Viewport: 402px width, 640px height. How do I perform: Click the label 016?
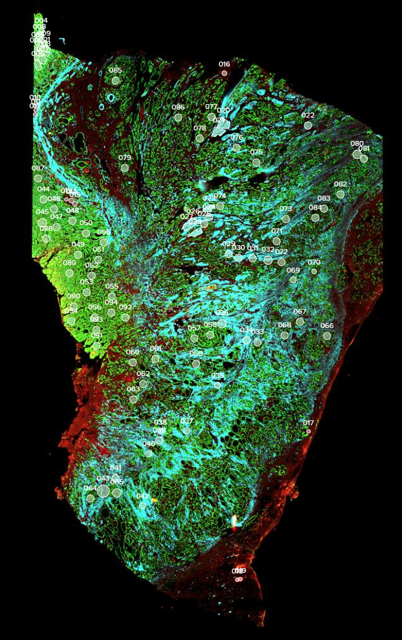[224, 64]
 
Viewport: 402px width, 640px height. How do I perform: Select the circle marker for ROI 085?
[116, 80]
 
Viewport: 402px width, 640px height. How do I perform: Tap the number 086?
[178, 108]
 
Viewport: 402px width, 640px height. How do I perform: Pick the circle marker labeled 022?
[308, 126]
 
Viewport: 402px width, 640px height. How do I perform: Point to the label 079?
[125, 158]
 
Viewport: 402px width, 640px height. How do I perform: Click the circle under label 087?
[38, 178]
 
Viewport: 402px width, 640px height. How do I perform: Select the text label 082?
[341, 185]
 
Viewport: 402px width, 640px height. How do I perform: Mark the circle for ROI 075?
[256, 162]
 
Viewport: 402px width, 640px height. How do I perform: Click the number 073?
[286, 209]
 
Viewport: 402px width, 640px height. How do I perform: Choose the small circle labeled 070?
[314, 271]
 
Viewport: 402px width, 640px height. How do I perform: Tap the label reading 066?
[327, 326]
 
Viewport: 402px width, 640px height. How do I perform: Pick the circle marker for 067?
[300, 321]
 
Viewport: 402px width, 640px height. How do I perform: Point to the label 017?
[309, 423]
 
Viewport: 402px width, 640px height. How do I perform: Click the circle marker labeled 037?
[187, 431]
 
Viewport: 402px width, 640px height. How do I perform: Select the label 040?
[149, 444]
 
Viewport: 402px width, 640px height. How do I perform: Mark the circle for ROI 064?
[90, 498]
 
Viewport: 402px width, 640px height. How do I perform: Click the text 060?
[133, 353]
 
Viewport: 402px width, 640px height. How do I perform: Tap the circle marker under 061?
[156, 359]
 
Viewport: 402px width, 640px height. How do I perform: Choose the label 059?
[196, 354]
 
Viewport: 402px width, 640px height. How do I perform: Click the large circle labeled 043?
[103, 490]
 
